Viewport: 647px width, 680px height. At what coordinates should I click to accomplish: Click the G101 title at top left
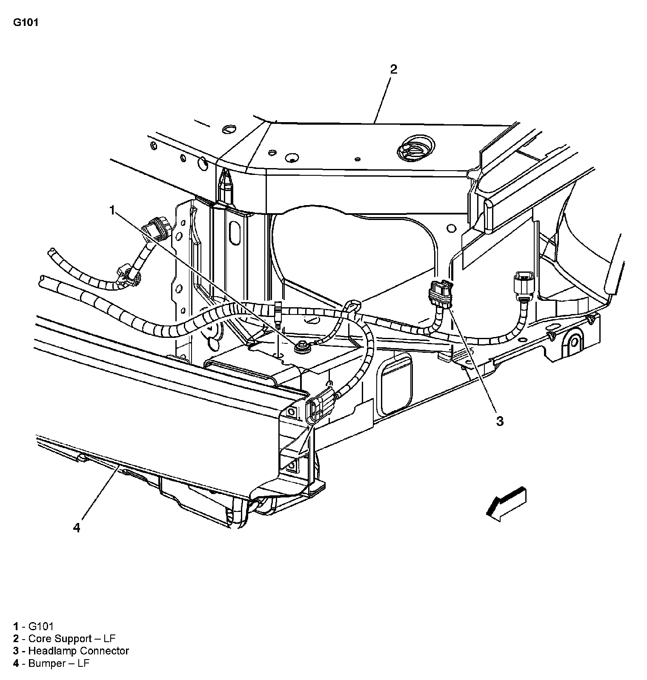pos(26,23)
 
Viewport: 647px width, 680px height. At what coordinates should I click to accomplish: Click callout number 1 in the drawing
pos(112,210)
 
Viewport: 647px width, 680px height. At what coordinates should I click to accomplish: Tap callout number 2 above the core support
pos(393,69)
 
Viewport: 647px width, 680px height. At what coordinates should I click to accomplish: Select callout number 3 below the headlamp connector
pos(500,421)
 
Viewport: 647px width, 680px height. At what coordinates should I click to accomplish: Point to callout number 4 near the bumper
pos(77,528)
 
